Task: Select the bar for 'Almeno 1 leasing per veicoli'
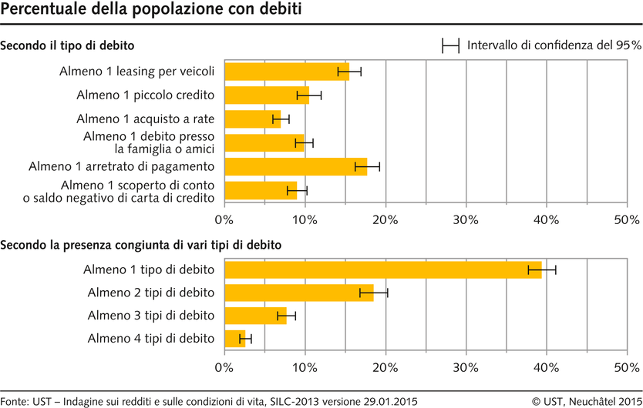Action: (x=285, y=72)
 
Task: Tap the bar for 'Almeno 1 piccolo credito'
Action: (x=266, y=95)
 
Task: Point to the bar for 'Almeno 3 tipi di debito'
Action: (x=254, y=316)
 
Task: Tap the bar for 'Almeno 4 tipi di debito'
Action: (x=234, y=339)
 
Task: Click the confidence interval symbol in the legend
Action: (x=450, y=45)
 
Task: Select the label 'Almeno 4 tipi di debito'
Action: (x=151, y=339)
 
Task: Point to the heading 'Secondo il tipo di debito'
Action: (x=68, y=45)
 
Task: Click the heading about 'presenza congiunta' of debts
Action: (x=140, y=246)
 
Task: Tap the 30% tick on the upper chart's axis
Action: (x=466, y=219)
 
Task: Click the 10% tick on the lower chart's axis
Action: (x=305, y=367)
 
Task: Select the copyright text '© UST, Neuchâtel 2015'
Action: (x=587, y=400)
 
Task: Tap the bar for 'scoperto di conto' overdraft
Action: (x=260, y=190)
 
